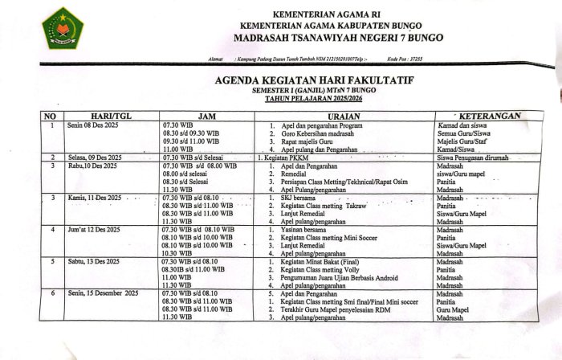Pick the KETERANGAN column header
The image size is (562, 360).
pyautogui.click(x=488, y=117)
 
